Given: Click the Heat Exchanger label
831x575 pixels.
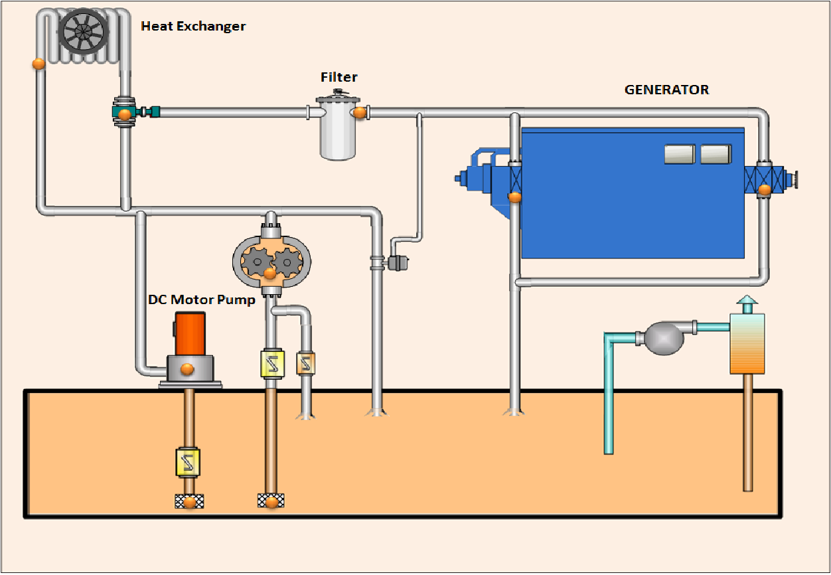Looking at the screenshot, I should pyautogui.click(x=193, y=27).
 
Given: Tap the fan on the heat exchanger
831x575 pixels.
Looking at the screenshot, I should pyautogui.click(x=83, y=31).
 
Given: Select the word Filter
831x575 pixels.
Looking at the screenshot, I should pyautogui.click(x=339, y=77).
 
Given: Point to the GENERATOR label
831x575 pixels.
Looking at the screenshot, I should pyautogui.click(x=666, y=90).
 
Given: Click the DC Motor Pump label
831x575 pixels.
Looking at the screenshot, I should pyautogui.click(x=201, y=299).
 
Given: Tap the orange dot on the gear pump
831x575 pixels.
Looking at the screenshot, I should pyautogui.click(x=269, y=273).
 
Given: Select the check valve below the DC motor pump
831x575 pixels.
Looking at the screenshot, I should pyautogui.click(x=188, y=462).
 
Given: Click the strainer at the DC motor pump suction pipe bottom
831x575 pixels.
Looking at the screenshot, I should pyautogui.click(x=189, y=501).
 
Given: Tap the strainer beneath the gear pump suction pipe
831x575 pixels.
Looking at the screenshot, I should pyautogui.click(x=271, y=501).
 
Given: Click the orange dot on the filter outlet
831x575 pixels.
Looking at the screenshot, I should pyautogui.click(x=359, y=112).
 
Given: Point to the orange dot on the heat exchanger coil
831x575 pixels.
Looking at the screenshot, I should pyautogui.click(x=38, y=64).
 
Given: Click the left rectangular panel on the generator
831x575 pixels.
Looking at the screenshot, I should pyautogui.click(x=679, y=154).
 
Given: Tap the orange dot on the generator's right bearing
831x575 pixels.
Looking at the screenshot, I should pyautogui.click(x=765, y=189).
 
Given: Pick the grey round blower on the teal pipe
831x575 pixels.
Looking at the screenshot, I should pyautogui.click(x=664, y=338).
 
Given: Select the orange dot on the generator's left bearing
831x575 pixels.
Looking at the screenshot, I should pyautogui.click(x=514, y=197).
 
